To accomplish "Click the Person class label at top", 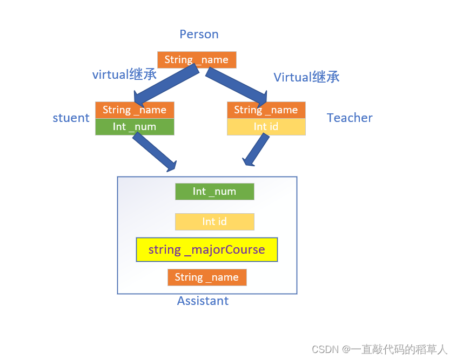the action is (199, 35).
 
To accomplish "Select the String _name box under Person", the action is (197, 60).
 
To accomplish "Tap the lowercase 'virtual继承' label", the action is (124, 74).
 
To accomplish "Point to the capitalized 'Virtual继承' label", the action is (306, 77).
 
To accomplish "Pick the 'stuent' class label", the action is (71, 118).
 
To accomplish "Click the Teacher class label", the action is (350, 118).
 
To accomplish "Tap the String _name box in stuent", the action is (135, 110).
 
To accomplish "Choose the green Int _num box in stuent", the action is (135, 127).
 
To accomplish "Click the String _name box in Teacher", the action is (266, 110).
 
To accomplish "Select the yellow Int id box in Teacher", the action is (266, 127).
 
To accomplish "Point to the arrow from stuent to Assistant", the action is (154, 152).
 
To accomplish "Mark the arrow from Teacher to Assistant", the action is (256, 150).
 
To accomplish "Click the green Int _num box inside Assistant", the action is (214, 192).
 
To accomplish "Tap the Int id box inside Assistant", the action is (214, 222).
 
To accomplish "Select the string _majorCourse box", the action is (207, 250).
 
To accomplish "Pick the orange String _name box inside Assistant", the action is (207, 277).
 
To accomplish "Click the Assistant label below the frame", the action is (203, 301).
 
